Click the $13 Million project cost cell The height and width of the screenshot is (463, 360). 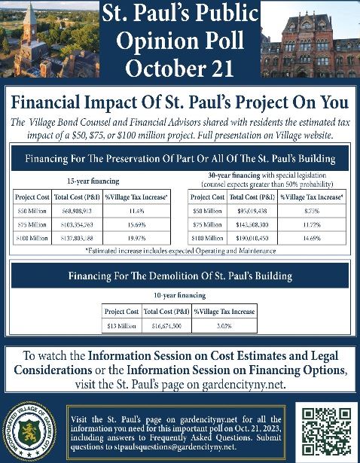(121, 325)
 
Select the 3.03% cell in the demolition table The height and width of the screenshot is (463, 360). (224, 325)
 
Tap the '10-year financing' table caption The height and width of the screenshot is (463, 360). (179, 297)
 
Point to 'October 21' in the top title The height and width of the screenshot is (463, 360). (179, 65)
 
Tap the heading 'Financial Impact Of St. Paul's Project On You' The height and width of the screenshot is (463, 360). (179, 102)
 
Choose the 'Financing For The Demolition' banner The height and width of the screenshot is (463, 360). (179, 275)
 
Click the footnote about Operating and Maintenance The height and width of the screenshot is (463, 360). (179, 249)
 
